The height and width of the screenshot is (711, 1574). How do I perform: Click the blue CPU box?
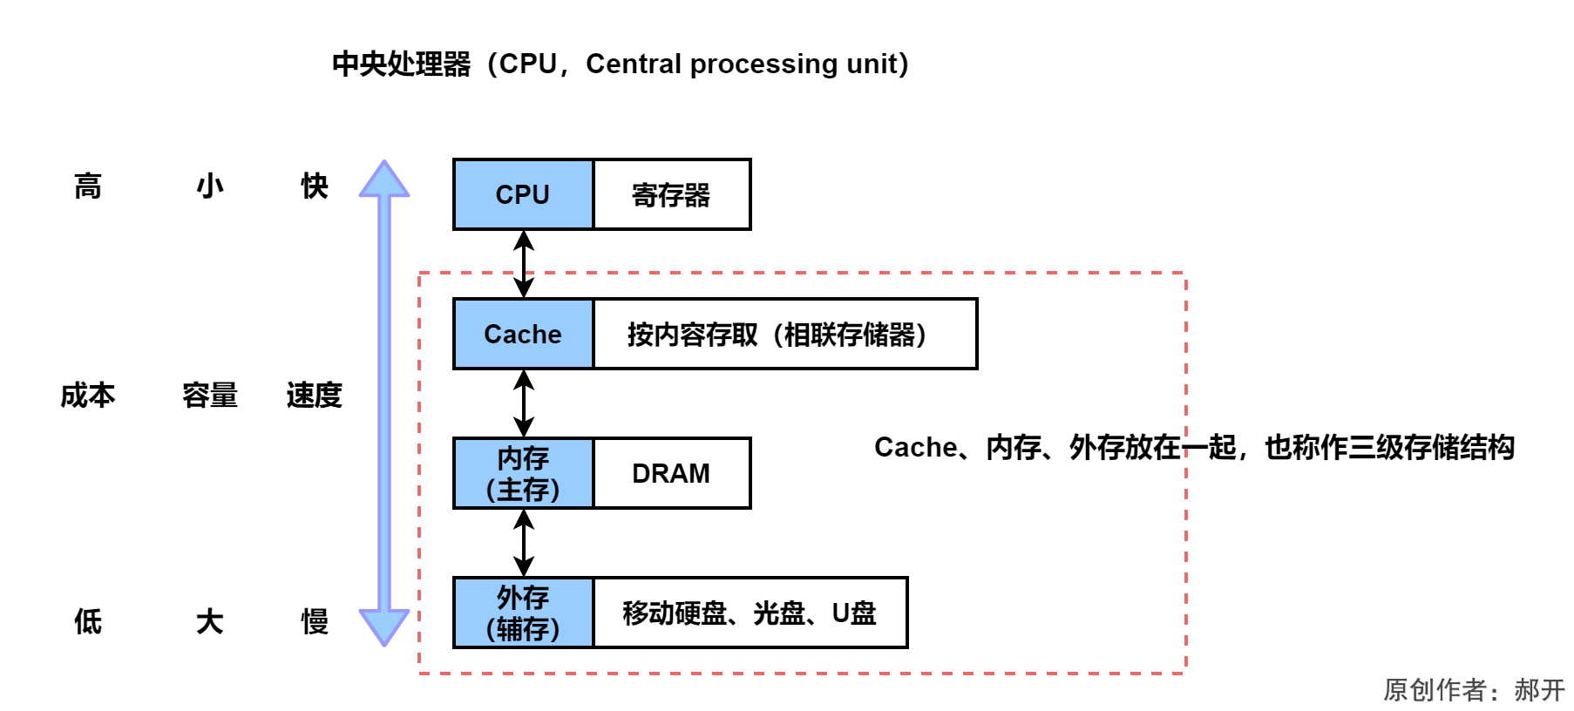(523, 194)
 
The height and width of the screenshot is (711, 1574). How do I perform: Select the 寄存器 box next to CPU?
(671, 194)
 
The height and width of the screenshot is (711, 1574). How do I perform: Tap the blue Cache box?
(523, 334)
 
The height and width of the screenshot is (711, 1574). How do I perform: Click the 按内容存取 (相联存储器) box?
(784, 334)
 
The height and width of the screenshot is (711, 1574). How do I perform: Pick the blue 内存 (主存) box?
(523, 473)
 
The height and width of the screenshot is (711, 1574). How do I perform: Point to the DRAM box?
(671, 473)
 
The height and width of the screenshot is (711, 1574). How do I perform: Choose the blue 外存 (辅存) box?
(523, 613)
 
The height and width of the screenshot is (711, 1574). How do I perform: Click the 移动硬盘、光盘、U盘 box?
(750, 613)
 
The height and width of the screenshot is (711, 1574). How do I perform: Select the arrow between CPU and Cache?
(523, 264)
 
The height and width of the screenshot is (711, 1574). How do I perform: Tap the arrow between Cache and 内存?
(523, 403)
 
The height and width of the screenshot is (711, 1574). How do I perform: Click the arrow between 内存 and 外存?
(523, 543)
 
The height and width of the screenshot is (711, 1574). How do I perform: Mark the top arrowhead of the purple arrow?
(384, 179)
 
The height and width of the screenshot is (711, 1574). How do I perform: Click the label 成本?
(87, 396)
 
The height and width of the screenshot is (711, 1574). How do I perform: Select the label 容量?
(209, 396)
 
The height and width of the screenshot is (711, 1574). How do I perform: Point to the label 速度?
(314, 396)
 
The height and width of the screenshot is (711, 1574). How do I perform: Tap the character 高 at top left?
(87, 186)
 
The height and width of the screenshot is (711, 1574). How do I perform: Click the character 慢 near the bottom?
(314, 621)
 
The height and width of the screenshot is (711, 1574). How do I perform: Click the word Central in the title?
(634, 64)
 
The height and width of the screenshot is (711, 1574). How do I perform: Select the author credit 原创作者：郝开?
(1474, 690)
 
